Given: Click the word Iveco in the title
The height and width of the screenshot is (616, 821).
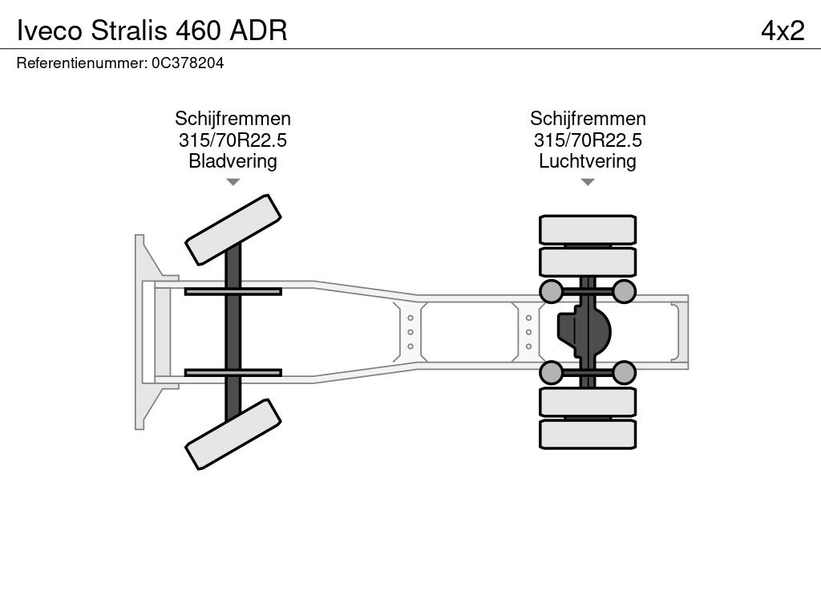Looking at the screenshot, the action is (x=50, y=30).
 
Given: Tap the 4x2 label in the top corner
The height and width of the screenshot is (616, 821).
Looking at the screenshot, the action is (x=783, y=30).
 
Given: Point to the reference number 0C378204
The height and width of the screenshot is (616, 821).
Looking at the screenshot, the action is (x=188, y=63).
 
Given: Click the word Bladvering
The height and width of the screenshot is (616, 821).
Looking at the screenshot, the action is (x=233, y=161).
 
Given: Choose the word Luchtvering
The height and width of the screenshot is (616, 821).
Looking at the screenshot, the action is (x=588, y=161).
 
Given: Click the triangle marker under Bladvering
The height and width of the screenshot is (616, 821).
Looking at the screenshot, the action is (x=233, y=182).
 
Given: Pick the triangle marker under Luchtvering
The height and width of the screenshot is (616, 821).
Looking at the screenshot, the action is (x=588, y=182).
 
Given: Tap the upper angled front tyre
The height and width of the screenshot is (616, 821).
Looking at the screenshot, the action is (x=233, y=229).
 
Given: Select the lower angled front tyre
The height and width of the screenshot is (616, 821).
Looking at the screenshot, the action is (x=233, y=434).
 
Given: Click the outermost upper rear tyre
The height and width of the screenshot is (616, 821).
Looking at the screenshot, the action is (x=588, y=229).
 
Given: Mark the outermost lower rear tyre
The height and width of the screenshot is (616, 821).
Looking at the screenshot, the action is (x=588, y=434).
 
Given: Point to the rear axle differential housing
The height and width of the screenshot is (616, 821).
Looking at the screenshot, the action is (x=584, y=331).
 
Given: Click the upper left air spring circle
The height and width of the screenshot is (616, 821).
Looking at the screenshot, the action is (x=551, y=291).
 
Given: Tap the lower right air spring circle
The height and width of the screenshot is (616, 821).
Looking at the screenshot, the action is (x=624, y=372).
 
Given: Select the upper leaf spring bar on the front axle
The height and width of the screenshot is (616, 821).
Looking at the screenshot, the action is (x=233, y=291).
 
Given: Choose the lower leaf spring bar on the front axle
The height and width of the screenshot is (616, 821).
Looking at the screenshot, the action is (x=233, y=372).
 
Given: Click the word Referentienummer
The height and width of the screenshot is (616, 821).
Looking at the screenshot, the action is (x=82, y=63).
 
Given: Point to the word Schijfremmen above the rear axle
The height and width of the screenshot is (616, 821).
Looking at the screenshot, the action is (x=588, y=119).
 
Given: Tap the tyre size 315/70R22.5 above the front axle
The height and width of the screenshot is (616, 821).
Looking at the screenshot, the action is (x=233, y=140).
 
